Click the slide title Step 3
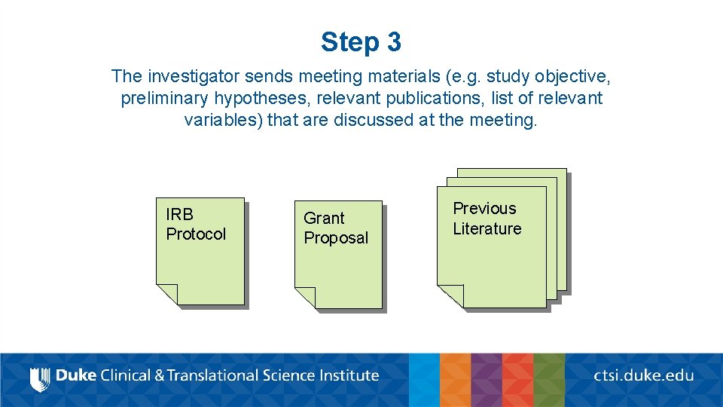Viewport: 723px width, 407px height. pos(361,41)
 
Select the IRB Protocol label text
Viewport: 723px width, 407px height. pos(195,224)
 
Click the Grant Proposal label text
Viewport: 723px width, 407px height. pos(335,228)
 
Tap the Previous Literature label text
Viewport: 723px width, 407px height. pos(487,219)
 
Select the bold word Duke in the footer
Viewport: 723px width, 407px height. pos(76,375)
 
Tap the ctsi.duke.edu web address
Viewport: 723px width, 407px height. pos(643,375)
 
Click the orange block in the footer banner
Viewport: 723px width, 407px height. pos(455,380)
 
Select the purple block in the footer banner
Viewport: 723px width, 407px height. pos(486,380)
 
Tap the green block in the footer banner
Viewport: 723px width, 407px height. pos(549,380)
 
